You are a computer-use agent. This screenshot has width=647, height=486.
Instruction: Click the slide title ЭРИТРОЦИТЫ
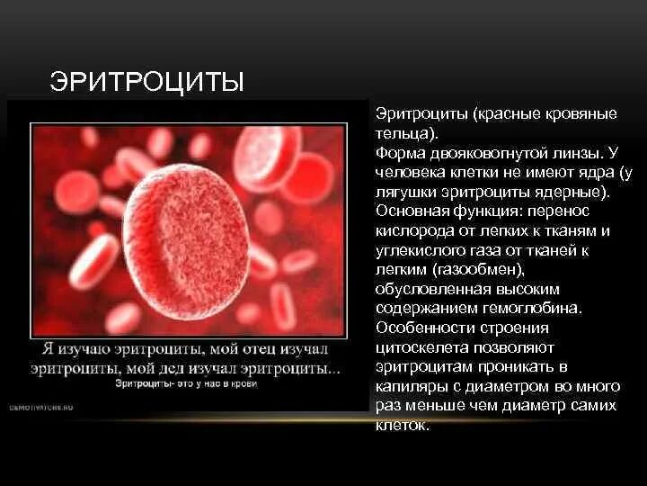(146, 84)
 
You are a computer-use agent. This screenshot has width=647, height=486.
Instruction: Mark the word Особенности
(420, 328)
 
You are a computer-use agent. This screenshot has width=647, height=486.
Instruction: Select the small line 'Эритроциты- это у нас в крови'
(186, 384)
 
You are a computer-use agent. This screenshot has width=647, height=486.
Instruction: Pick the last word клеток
(402, 425)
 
